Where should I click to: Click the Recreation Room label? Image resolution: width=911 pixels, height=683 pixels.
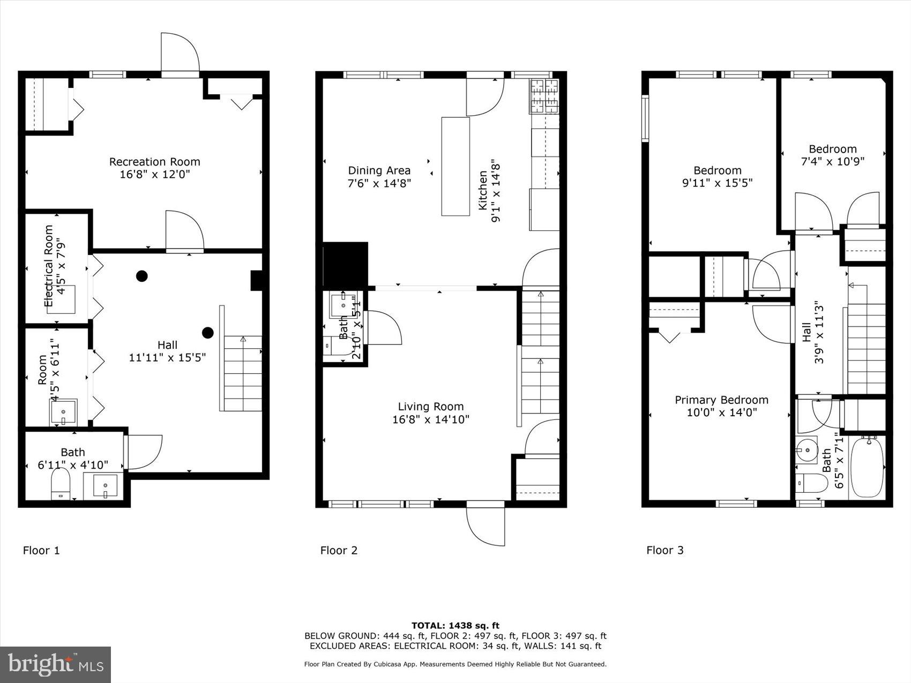(x=154, y=162)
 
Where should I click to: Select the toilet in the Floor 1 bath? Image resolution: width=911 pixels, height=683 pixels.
(x=61, y=484)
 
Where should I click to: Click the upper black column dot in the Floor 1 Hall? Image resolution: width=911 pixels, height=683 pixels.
(x=141, y=276)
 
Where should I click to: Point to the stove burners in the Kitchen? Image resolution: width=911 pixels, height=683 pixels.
(x=544, y=96)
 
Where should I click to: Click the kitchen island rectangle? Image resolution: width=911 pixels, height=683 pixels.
(x=455, y=166)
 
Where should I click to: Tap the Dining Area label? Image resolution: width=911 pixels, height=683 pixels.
(x=379, y=170)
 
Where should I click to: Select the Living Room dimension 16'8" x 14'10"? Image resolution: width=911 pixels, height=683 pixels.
(x=430, y=419)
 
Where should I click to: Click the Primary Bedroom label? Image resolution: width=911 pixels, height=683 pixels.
(x=721, y=400)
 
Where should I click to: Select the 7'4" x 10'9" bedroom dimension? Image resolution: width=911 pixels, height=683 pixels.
(x=832, y=161)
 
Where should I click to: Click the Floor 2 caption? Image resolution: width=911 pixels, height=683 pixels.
(x=339, y=550)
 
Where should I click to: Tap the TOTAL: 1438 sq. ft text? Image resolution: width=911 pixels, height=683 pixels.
(x=455, y=625)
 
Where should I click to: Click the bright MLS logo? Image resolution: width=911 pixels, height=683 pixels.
(x=56, y=664)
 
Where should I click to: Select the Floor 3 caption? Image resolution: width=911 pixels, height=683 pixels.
(x=664, y=550)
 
